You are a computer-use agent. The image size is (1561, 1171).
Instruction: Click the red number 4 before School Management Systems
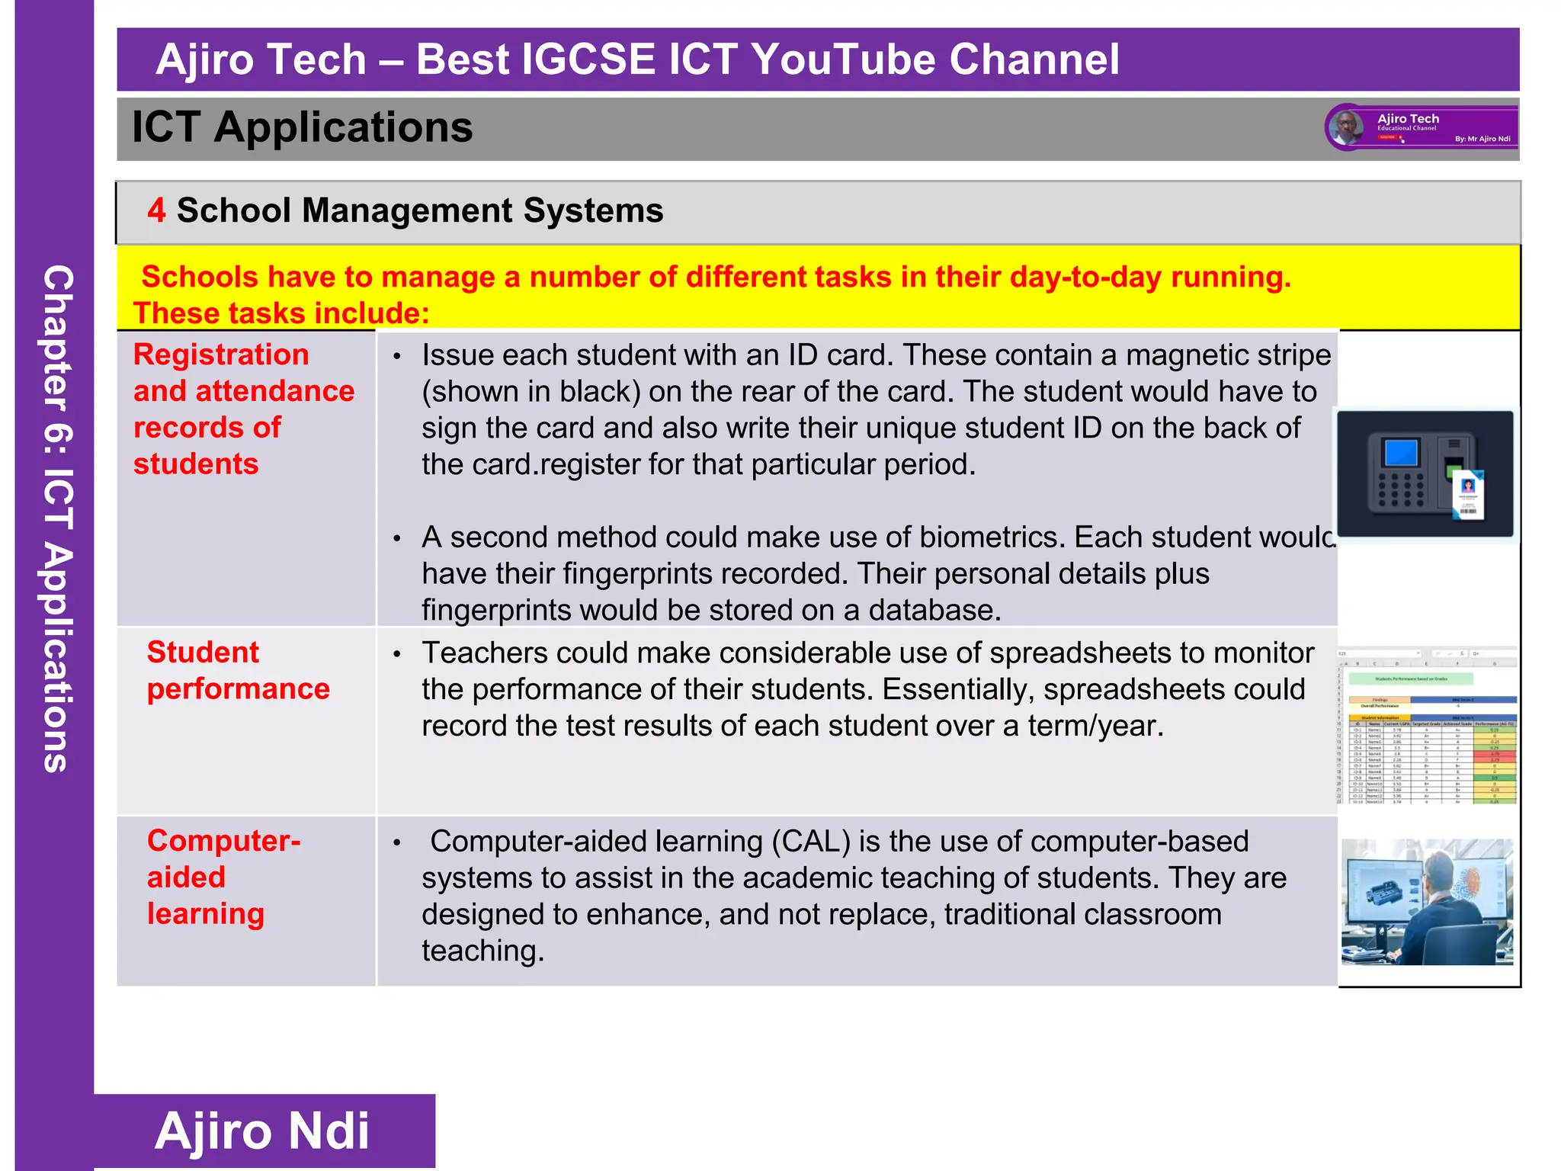click(x=156, y=210)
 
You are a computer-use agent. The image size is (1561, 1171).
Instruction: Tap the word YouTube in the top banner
click(x=842, y=59)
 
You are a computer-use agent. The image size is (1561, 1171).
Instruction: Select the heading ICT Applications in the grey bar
click(x=302, y=127)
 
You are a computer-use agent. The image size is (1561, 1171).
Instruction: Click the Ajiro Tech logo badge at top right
click(x=1422, y=127)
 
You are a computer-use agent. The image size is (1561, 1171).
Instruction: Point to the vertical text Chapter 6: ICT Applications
click(x=57, y=518)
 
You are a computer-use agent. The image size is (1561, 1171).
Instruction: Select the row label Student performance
click(x=238, y=671)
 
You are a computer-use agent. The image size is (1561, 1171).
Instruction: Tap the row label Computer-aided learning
click(x=224, y=877)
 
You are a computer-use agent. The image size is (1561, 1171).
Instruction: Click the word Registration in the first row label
click(x=221, y=355)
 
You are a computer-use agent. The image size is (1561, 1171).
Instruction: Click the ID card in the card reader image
click(x=1467, y=496)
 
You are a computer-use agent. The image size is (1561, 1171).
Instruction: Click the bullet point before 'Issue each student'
click(x=397, y=357)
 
